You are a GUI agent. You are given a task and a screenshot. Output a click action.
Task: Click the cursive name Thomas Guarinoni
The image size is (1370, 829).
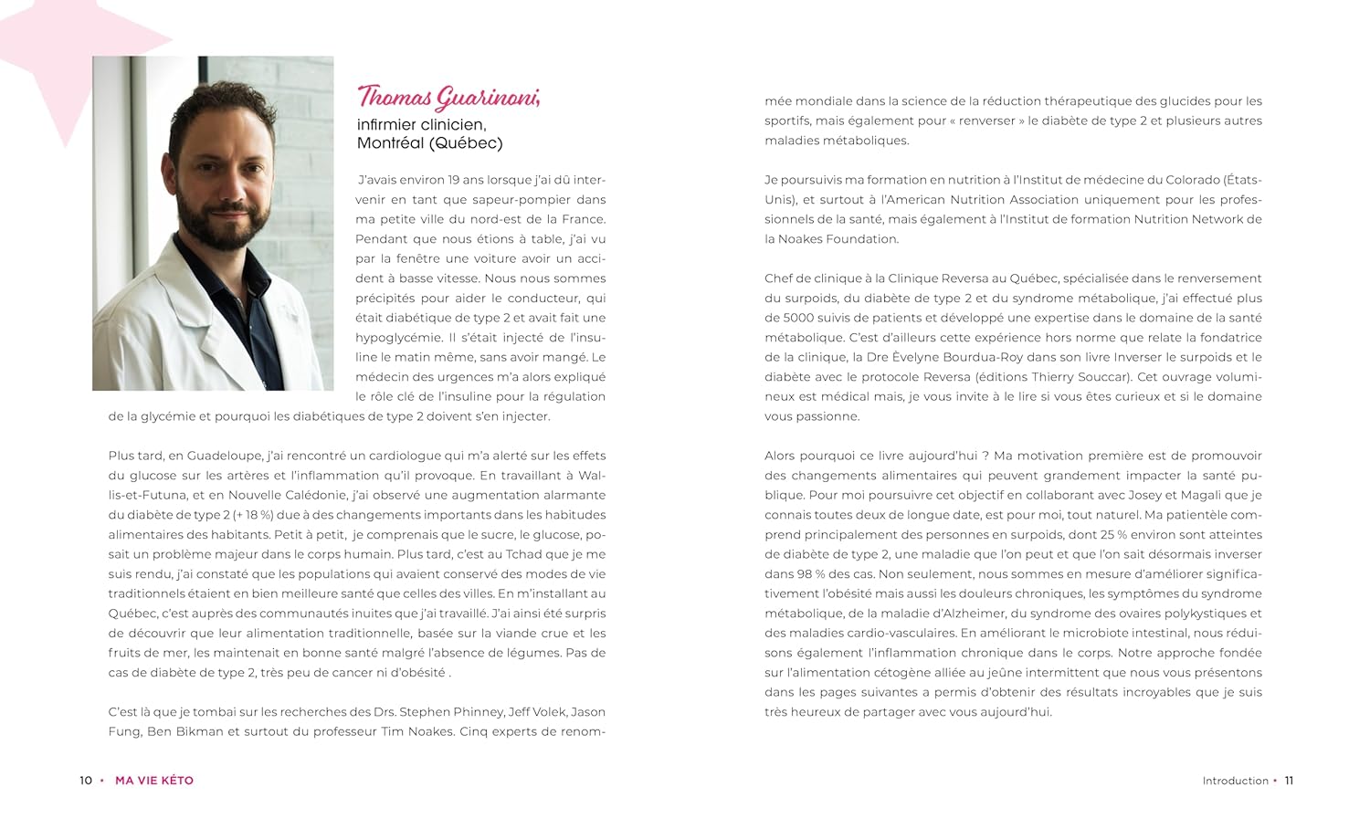pos(448,97)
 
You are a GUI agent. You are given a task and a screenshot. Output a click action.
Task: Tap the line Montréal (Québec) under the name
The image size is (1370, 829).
pos(429,143)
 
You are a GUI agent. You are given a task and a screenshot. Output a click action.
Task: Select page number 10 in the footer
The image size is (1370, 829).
pos(86,781)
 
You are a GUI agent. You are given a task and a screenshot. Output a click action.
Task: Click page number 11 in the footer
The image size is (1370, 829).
pos(1289,781)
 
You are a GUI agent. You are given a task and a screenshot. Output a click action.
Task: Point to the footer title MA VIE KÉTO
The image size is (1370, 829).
pos(154,781)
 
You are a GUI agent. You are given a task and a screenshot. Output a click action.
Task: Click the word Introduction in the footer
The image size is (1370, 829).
pos(1235,781)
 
